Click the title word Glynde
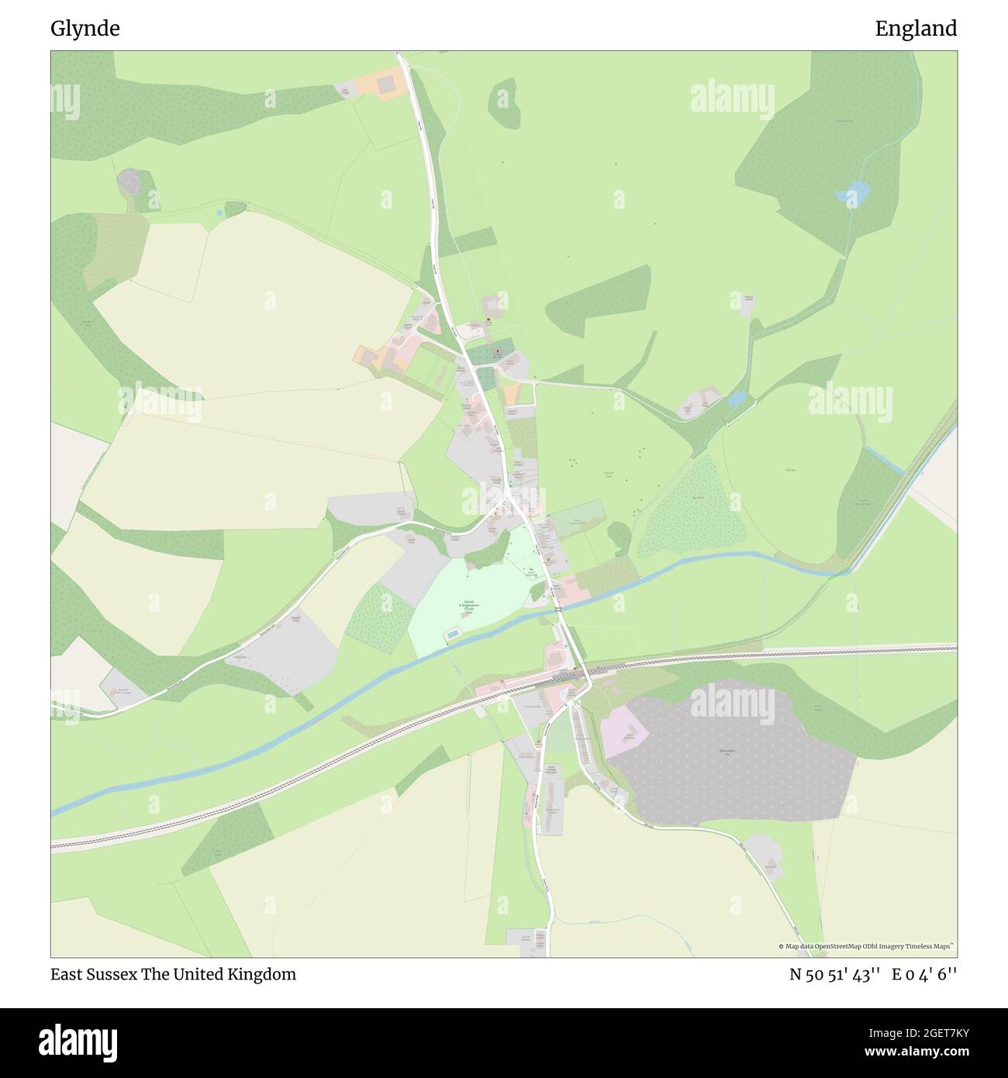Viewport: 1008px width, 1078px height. coord(85,29)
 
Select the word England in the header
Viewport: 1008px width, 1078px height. coord(916,29)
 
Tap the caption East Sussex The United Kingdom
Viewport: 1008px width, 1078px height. coord(173,974)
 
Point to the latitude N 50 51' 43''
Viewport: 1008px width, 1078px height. coord(834,975)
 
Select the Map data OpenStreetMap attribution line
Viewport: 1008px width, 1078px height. coord(866,946)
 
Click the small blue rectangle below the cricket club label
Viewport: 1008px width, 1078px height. coord(450,635)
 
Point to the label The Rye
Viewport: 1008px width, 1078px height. coord(790,470)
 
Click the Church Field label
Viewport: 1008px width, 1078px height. coord(609,474)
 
